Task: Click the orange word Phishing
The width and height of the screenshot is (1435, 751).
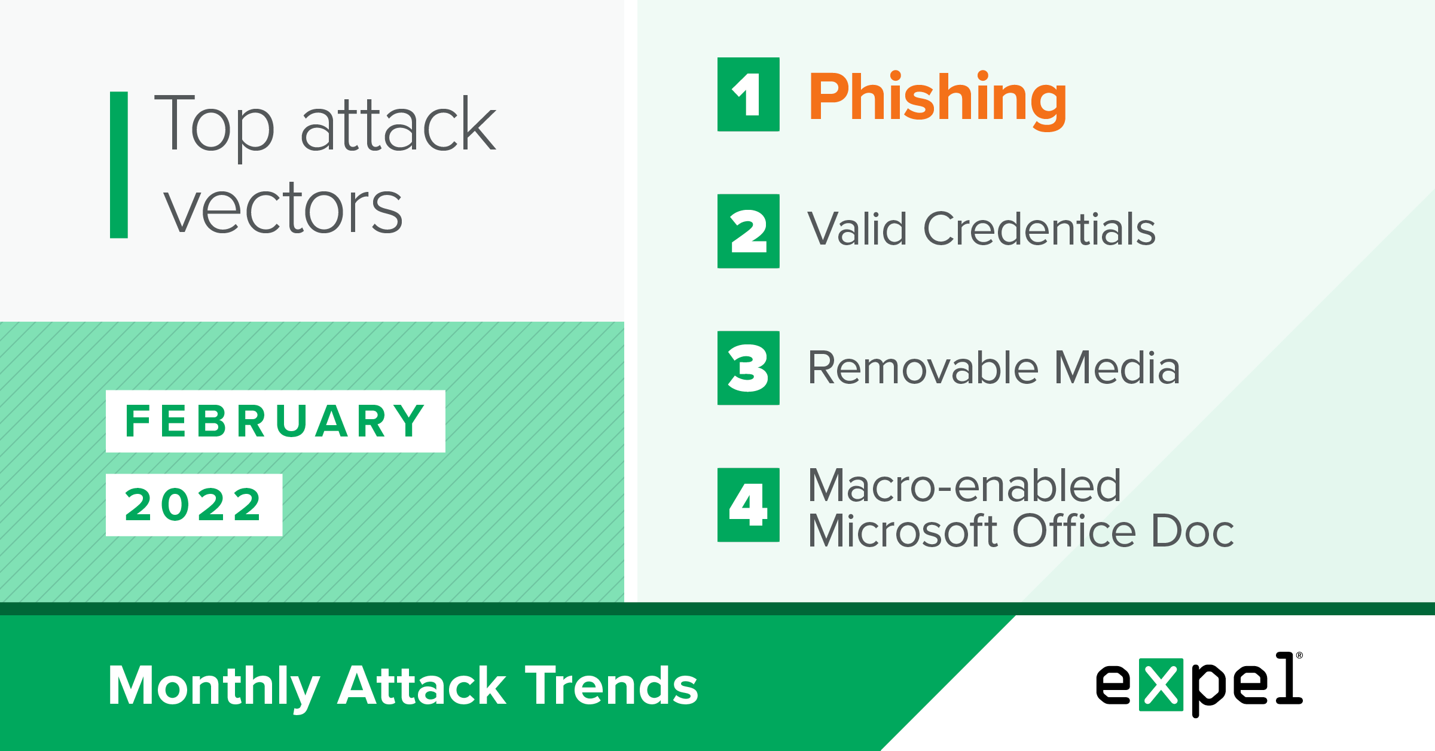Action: coord(938,100)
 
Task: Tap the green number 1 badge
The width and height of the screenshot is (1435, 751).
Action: coord(749,94)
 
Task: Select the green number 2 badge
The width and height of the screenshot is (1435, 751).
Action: coord(749,231)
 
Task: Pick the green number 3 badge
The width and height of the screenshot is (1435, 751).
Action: coord(749,368)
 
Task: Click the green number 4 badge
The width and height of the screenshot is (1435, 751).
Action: coord(749,505)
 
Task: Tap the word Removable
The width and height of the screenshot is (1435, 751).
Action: coord(923,367)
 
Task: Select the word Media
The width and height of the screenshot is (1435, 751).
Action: coord(1117,367)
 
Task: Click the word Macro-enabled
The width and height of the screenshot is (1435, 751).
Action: coord(964,485)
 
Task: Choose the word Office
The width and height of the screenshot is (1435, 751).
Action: coord(1074,530)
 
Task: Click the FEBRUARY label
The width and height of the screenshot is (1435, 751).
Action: coord(276,422)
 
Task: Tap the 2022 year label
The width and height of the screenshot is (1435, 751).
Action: coord(194,505)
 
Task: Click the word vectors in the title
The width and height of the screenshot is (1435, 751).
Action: coord(283,207)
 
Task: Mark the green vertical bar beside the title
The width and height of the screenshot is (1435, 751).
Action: coord(119,165)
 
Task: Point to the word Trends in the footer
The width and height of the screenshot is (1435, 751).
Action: coord(612,685)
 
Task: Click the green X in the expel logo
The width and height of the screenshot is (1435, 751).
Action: coord(1161,685)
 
